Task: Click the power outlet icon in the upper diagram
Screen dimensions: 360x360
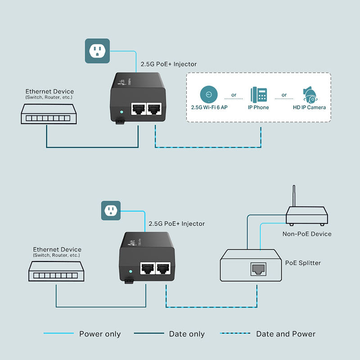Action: click(x=97, y=51)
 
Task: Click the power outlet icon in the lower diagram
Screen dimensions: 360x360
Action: click(x=111, y=210)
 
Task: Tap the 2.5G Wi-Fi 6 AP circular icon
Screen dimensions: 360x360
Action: click(x=208, y=94)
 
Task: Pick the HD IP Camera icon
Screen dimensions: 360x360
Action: click(x=310, y=94)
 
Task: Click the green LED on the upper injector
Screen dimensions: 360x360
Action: click(x=120, y=112)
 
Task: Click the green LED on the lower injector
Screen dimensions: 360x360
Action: click(x=130, y=272)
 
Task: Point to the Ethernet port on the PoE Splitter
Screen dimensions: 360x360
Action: click(x=258, y=270)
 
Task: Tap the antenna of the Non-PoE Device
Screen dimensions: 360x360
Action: click(x=294, y=196)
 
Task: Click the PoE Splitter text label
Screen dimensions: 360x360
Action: click(x=303, y=263)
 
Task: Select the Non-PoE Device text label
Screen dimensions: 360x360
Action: click(x=307, y=234)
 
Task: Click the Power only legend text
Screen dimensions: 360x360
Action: click(x=100, y=334)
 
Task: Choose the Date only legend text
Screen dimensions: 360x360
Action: click(x=187, y=334)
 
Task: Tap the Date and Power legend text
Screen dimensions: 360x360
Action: click(x=286, y=334)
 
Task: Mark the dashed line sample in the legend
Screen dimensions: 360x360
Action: click(x=234, y=333)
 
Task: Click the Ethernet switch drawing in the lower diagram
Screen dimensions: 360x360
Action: click(x=55, y=273)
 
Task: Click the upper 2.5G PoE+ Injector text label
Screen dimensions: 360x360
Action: click(x=169, y=64)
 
